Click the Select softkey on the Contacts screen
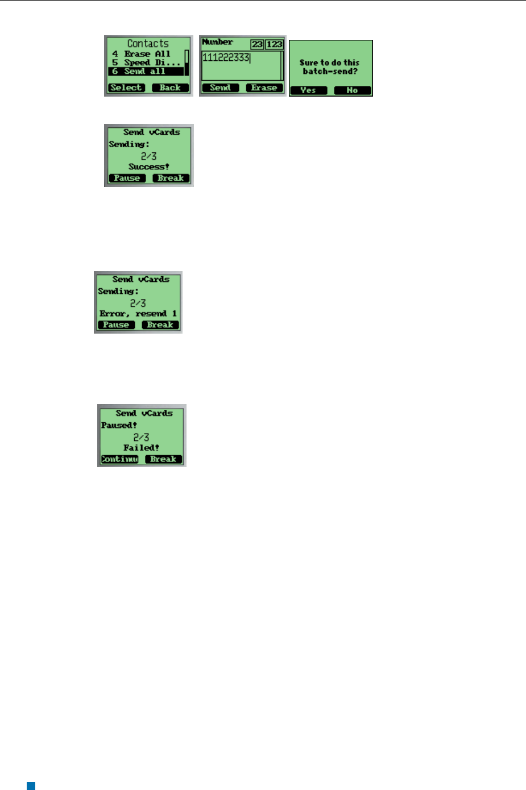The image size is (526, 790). coord(126,88)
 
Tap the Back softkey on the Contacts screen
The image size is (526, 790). coord(170,88)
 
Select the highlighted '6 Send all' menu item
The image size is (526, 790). coord(146,71)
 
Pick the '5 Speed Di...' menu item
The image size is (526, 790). coord(146,63)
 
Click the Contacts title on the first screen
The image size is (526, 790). coord(148,43)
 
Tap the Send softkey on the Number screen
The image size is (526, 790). coord(221,88)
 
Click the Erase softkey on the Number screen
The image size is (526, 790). coord(264,88)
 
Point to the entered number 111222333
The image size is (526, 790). coord(226,57)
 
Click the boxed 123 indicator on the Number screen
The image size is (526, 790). coord(275,44)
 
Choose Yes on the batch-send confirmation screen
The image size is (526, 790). coord(308,90)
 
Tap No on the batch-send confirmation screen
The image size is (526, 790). coord(352,90)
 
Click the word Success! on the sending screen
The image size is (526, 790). coord(149,167)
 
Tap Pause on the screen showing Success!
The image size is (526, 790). coord(127,178)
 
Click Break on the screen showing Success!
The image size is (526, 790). coord(171,178)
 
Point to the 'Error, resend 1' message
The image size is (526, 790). coord(138,313)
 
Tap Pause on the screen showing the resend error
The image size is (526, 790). coord(116,325)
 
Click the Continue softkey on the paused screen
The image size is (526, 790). coord(119,459)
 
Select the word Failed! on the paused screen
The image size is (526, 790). coord(142,447)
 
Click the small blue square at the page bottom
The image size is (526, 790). coord(31,786)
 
